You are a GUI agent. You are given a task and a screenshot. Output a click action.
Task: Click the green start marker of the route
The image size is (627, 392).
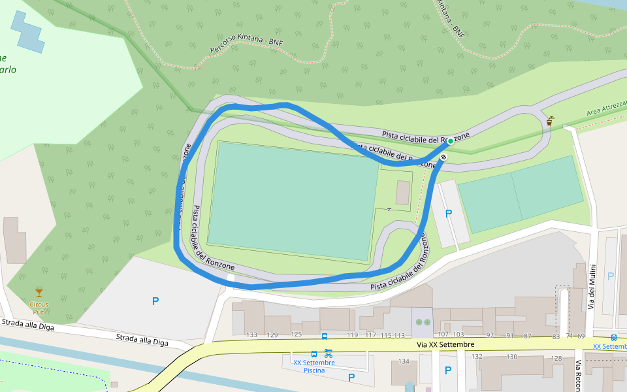click(450, 141)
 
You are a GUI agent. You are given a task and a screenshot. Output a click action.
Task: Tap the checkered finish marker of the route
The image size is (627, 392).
click(443, 157)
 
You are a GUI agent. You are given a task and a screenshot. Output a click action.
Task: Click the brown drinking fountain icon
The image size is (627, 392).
click(551, 121)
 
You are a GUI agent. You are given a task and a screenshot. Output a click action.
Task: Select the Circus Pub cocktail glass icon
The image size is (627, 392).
click(39, 292)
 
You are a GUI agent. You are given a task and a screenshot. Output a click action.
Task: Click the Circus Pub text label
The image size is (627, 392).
click(39, 308)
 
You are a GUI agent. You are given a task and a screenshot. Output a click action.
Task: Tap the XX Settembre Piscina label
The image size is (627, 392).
click(314, 367)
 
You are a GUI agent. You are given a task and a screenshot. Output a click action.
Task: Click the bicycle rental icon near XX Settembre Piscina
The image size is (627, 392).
click(328, 353)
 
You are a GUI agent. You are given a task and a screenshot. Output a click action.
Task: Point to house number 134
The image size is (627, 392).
click(404, 361)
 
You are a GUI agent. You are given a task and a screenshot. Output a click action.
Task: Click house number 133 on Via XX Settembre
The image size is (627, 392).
click(252, 335)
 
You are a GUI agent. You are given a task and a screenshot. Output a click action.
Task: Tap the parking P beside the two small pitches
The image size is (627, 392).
click(449, 214)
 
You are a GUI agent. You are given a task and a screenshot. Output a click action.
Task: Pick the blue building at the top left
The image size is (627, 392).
click(29, 32)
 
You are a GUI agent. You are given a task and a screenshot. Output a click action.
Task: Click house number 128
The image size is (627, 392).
click(556, 357)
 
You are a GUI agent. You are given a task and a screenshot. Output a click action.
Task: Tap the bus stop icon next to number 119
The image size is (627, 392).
click(325, 336)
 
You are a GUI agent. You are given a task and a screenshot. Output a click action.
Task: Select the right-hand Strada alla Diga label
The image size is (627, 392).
click(142, 340)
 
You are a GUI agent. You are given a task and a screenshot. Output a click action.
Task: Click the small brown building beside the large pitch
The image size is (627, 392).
click(403, 192)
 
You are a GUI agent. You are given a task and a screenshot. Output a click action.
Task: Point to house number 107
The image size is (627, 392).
click(443, 335)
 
